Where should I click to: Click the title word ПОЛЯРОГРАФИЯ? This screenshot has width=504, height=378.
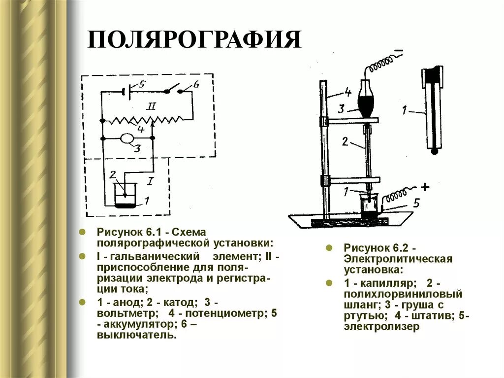click(194, 39)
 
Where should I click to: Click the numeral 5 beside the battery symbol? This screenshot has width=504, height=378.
click(142, 84)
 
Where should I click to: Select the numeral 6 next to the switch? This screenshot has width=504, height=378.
click(196, 84)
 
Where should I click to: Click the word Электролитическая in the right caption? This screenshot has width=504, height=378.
click(398, 259)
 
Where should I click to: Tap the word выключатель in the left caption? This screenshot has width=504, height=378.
click(136, 335)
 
